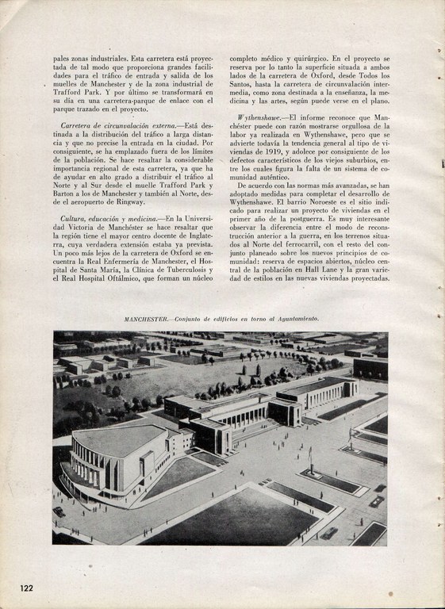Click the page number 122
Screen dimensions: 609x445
[x=31, y=587]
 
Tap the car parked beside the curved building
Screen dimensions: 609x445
[x=59, y=512]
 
